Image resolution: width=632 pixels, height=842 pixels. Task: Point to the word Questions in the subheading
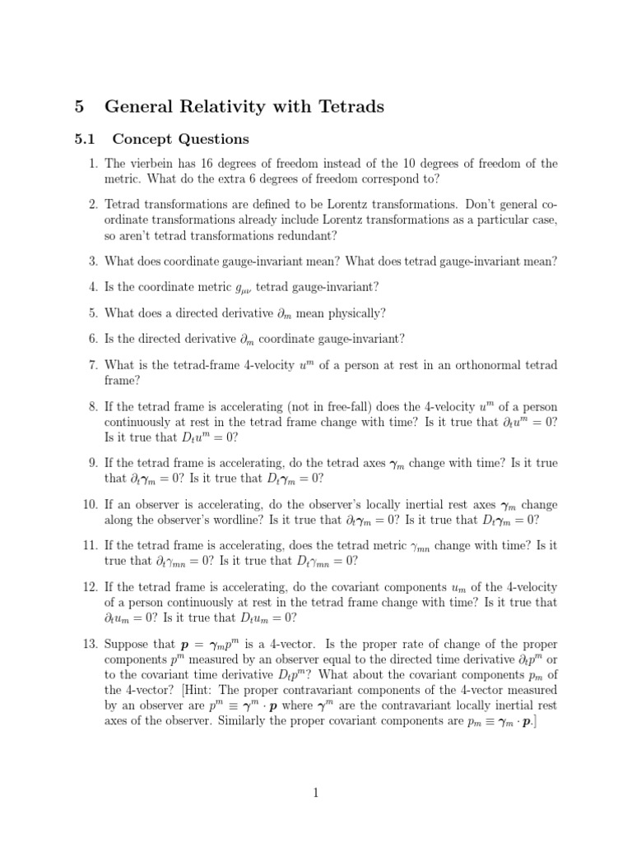tap(214, 139)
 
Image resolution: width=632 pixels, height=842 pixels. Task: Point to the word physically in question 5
tap(349, 312)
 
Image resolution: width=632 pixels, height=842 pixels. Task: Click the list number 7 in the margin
tap(93, 364)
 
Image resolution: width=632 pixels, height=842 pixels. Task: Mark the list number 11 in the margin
tap(91, 545)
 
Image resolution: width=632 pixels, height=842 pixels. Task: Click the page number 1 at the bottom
tap(315, 793)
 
